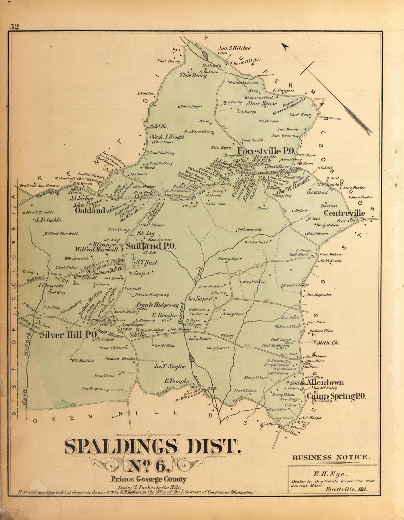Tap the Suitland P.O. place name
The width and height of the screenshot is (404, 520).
click(x=151, y=247)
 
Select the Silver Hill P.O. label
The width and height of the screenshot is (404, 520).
click(x=68, y=335)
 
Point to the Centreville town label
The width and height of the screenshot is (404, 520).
click(x=344, y=213)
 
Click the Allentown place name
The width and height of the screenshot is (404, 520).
click(x=325, y=383)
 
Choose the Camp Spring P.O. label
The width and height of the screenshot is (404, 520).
click(x=336, y=396)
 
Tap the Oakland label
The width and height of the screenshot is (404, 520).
click(x=90, y=211)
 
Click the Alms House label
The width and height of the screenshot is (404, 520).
click(x=261, y=104)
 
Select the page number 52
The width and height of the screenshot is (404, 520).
click(x=15, y=26)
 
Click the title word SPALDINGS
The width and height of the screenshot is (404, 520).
click(x=121, y=447)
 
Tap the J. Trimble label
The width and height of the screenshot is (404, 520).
click(x=48, y=220)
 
